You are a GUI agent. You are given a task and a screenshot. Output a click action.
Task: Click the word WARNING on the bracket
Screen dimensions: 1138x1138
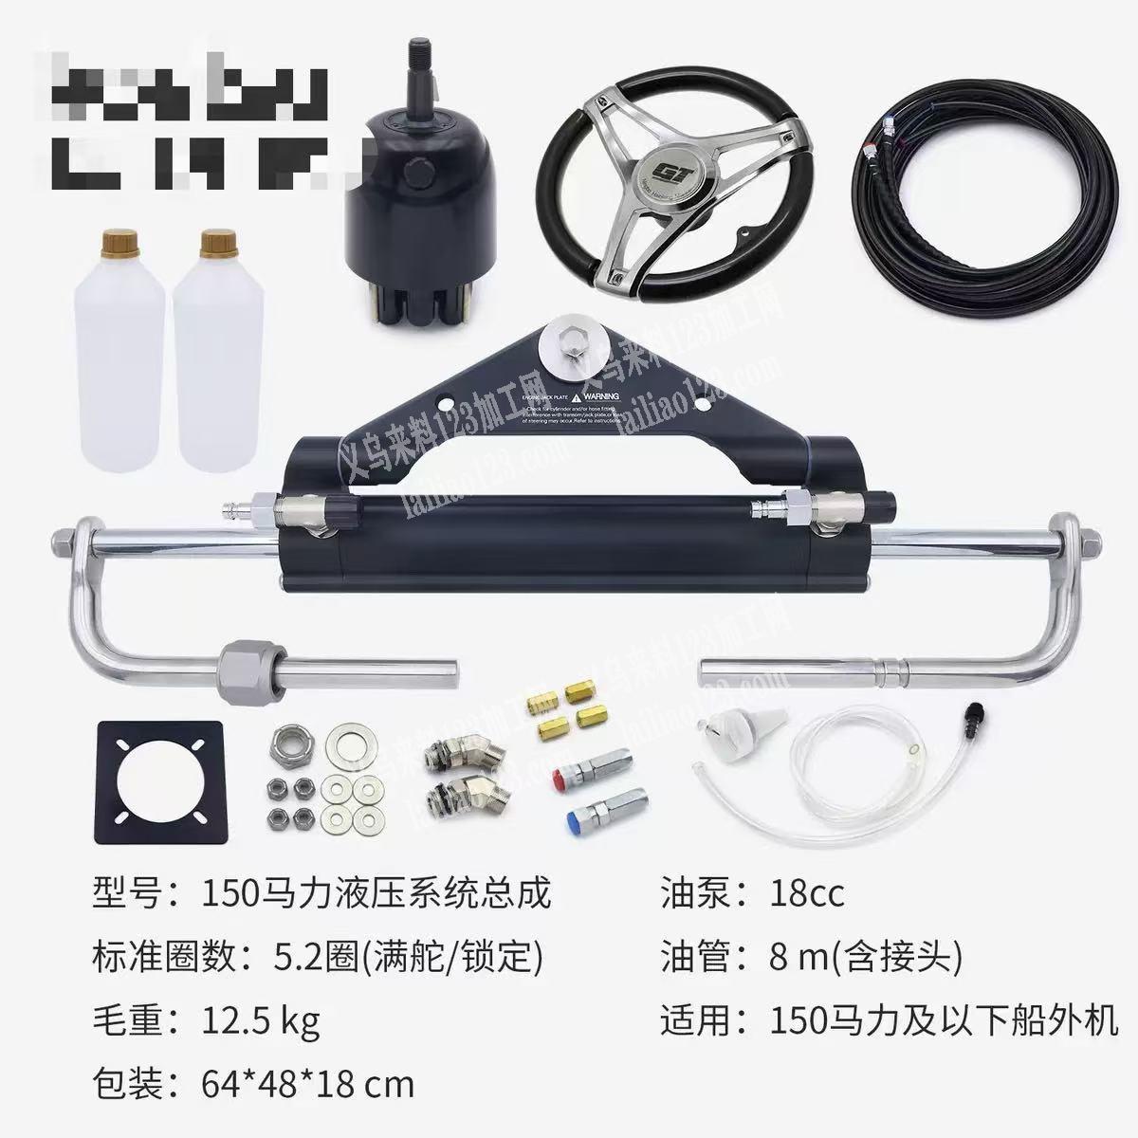(x=601, y=395)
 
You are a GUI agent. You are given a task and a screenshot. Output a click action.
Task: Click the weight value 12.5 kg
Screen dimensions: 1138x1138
(x=261, y=1021)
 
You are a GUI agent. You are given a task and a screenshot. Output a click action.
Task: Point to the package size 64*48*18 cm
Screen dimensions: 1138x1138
(x=308, y=1084)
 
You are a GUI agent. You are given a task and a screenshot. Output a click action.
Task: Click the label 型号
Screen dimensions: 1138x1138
(x=128, y=893)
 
